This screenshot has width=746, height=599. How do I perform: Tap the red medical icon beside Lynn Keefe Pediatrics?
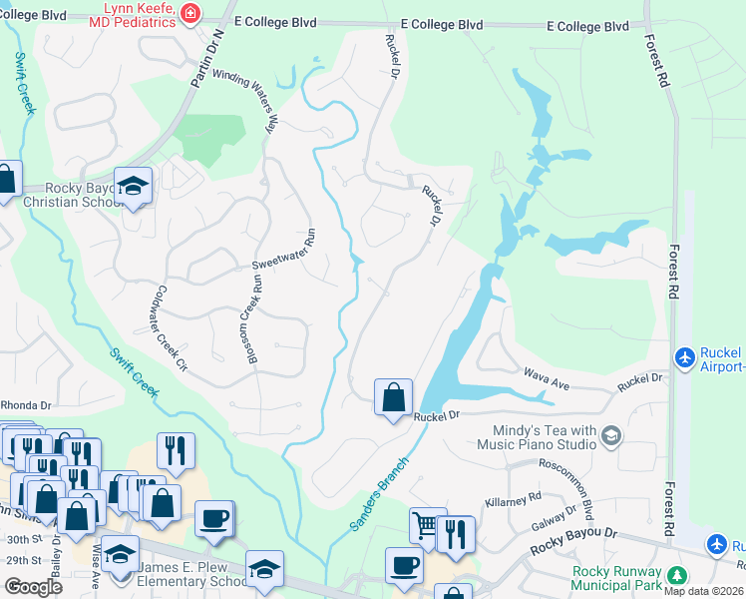tap(190, 14)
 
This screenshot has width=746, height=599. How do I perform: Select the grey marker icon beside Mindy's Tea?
tap(610, 435)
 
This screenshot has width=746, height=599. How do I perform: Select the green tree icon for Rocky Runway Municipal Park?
tap(677, 575)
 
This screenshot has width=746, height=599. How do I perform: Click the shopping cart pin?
tap(426, 525)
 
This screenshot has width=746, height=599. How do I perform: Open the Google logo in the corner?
tap(33, 587)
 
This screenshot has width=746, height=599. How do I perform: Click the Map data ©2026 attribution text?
tap(703, 591)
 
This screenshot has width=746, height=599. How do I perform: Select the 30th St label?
tap(15, 538)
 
